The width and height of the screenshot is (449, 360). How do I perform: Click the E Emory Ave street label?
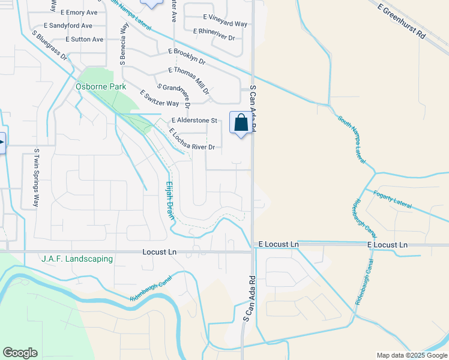click(x=78, y=13)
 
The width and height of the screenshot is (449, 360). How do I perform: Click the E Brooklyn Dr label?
click(x=187, y=57)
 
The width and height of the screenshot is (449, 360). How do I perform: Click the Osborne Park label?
click(x=101, y=86)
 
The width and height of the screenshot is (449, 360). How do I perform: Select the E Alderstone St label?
click(x=194, y=121)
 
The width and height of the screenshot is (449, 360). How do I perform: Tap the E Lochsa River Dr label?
click(x=192, y=139)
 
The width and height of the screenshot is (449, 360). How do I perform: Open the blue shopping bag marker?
click(x=241, y=123)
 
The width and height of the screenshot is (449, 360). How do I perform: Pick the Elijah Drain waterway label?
click(x=170, y=200)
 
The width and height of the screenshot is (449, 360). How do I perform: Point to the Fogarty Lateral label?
click(x=393, y=199)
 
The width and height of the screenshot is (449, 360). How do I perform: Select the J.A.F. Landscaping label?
click(x=77, y=259)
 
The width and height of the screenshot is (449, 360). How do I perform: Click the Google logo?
click(x=20, y=353)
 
